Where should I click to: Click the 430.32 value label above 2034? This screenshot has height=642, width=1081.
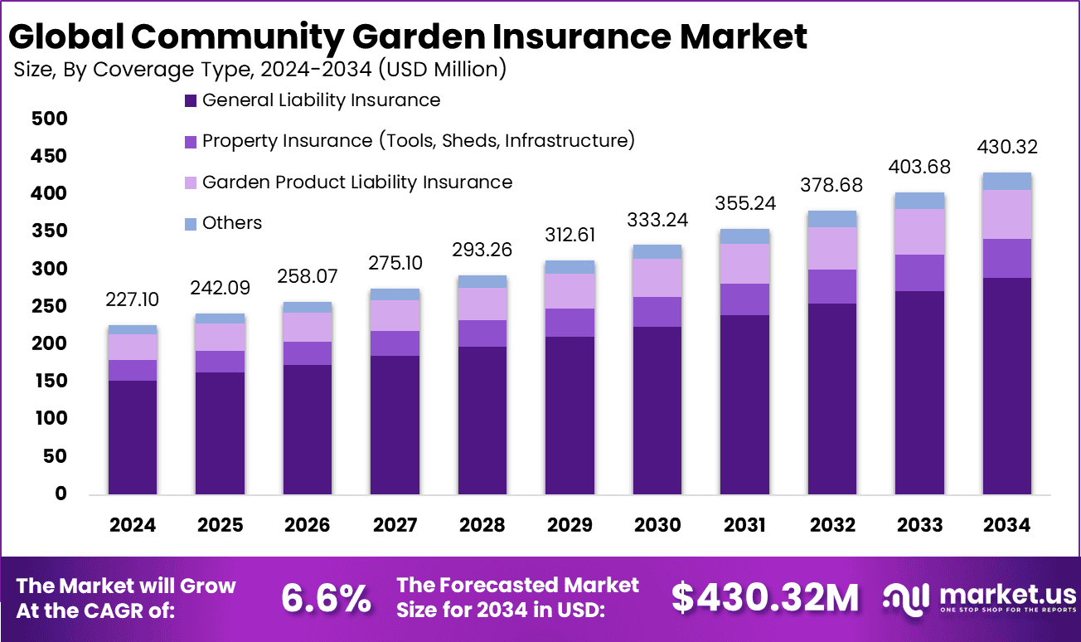click(x=1007, y=148)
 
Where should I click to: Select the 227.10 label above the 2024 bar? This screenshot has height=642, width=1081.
click(x=133, y=298)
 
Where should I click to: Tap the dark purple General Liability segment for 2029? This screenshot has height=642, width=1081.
click(x=570, y=415)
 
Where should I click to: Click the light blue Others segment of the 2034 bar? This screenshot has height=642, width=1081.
click(x=1007, y=181)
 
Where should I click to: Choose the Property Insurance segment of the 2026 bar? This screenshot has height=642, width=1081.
click(x=308, y=353)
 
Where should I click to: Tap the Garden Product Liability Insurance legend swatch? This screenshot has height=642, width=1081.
click(x=190, y=182)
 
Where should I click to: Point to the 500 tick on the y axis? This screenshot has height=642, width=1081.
click(x=48, y=119)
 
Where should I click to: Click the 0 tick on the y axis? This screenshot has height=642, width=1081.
click(x=60, y=494)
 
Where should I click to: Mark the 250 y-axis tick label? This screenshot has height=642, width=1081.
click(x=48, y=306)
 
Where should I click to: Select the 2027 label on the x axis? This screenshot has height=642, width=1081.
click(x=395, y=525)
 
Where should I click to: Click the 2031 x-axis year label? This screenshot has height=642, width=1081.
click(x=744, y=525)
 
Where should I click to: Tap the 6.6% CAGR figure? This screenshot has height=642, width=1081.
click(x=326, y=598)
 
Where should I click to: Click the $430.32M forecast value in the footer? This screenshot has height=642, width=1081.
click(x=764, y=598)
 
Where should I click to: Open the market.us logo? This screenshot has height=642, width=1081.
click(x=979, y=598)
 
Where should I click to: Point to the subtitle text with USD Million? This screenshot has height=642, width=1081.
click(x=259, y=70)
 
